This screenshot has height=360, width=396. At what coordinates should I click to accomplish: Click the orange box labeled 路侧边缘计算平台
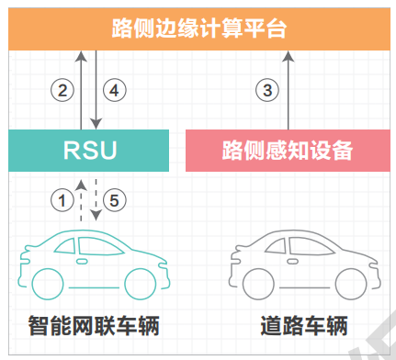[199, 28]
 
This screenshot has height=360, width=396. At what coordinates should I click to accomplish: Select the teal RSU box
[89, 151]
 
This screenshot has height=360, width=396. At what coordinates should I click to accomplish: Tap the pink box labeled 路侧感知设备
[288, 151]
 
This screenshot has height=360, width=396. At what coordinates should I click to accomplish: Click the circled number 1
[62, 200]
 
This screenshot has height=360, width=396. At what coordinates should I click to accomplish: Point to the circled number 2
[62, 90]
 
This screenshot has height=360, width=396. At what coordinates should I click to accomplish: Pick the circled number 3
[267, 90]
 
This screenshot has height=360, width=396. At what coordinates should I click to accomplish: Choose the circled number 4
[114, 90]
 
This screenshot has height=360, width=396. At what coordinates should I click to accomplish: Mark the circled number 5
[114, 200]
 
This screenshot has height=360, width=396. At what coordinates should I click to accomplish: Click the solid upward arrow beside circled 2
[81, 90]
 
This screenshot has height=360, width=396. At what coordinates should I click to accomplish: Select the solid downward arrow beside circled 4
[96, 90]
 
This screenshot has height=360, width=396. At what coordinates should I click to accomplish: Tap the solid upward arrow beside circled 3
[289, 90]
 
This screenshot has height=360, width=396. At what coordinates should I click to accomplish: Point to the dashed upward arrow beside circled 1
[81, 200]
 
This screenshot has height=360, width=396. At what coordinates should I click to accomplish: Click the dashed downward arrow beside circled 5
[96, 200]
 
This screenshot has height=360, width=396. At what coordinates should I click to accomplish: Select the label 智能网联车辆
[94, 326]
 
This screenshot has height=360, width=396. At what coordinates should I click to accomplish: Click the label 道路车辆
[304, 326]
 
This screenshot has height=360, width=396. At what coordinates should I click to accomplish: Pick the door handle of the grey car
[292, 262]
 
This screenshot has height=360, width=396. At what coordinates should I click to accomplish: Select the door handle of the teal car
[82, 262]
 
